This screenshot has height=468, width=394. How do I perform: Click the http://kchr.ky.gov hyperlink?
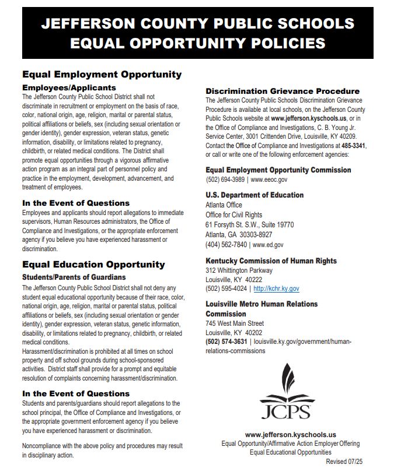(x=277, y=288)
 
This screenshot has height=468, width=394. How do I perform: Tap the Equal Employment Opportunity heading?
(x=102, y=75)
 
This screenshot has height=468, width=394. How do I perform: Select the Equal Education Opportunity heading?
(x=93, y=264)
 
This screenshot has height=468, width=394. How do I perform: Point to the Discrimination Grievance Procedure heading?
(x=283, y=92)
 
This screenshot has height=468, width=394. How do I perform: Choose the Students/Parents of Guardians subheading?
(x=74, y=277)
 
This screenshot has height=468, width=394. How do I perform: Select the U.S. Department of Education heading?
(x=254, y=195)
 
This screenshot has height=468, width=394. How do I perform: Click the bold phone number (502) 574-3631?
(x=226, y=342)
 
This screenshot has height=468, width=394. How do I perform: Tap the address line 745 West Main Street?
(x=235, y=323)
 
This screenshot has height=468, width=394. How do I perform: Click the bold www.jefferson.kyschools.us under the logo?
(x=290, y=435)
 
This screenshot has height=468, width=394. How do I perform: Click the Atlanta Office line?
(x=224, y=205)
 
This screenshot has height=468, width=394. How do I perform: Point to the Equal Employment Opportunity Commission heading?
(x=278, y=170)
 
